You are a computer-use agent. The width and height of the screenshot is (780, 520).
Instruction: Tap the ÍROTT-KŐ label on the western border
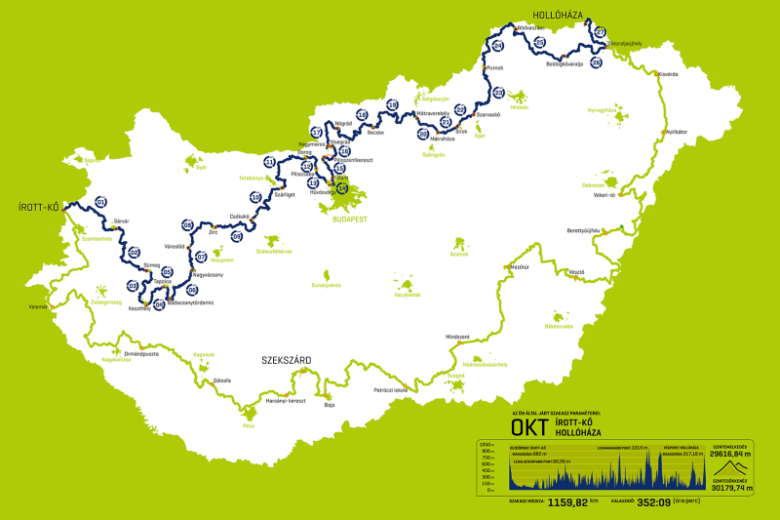[x=39, y=207]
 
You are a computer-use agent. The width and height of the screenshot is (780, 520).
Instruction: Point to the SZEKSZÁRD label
[x=286, y=361]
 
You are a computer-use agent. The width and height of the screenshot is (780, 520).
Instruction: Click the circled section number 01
[x=100, y=202]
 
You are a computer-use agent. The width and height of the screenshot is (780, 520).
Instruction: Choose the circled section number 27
[x=601, y=32]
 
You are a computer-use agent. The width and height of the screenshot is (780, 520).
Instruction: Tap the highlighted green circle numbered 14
[x=341, y=189]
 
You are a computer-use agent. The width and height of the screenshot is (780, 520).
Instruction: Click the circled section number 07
[x=201, y=258]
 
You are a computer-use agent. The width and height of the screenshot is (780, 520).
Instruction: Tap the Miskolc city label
[x=519, y=108]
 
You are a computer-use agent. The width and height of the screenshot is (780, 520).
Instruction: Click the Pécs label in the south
[x=249, y=426]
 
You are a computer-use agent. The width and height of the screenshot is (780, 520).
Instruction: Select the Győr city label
[x=202, y=167]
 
